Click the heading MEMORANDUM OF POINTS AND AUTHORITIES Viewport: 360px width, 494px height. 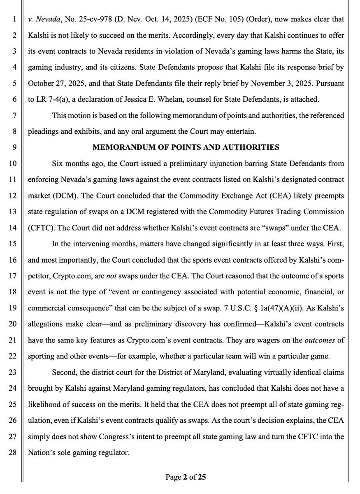(186, 147)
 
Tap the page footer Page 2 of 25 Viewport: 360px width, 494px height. (186, 477)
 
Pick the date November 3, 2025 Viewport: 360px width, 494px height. (294, 83)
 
